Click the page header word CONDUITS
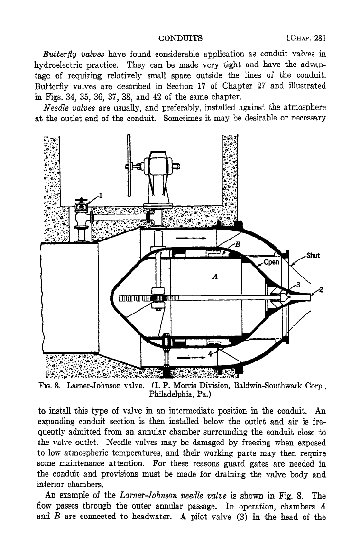pyautogui.click(x=180, y=38)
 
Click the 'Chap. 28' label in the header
pyautogui.click(x=306, y=38)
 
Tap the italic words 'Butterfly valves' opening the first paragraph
pyautogui.click(x=74, y=55)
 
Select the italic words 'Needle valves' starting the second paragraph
pyautogui.click(x=65, y=108)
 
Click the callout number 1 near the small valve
pyautogui.click(x=101, y=195)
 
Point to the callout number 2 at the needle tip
pyautogui.click(x=321, y=290)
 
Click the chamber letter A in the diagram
pyautogui.click(x=215, y=276)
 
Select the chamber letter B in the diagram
pyautogui.click(x=238, y=244)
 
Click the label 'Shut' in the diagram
pyautogui.click(x=313, y=255)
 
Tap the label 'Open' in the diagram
pyautogui.click(x=271, y=262)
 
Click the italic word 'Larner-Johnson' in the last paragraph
pyautogui.click(x=148, y=496)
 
